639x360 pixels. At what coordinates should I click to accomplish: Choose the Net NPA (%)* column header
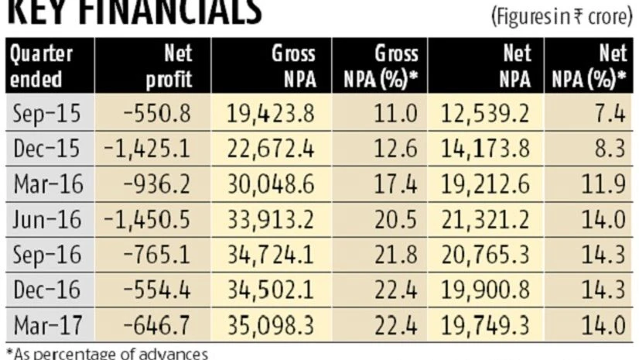click(x=594, y=66)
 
